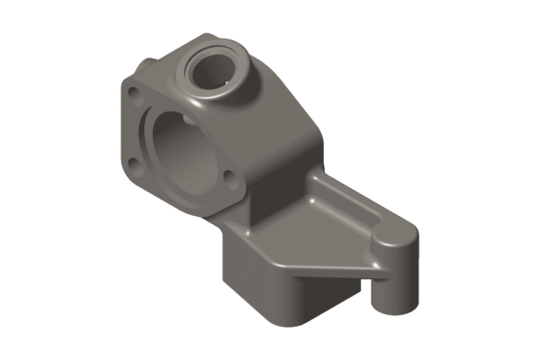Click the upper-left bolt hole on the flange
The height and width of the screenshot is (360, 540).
pyautogui.click(x=134, y=93)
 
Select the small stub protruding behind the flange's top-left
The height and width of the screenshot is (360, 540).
pyautogui.click(x=145, y=65)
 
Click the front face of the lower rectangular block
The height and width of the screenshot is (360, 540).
pyautogui.click(x=261, y=288)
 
